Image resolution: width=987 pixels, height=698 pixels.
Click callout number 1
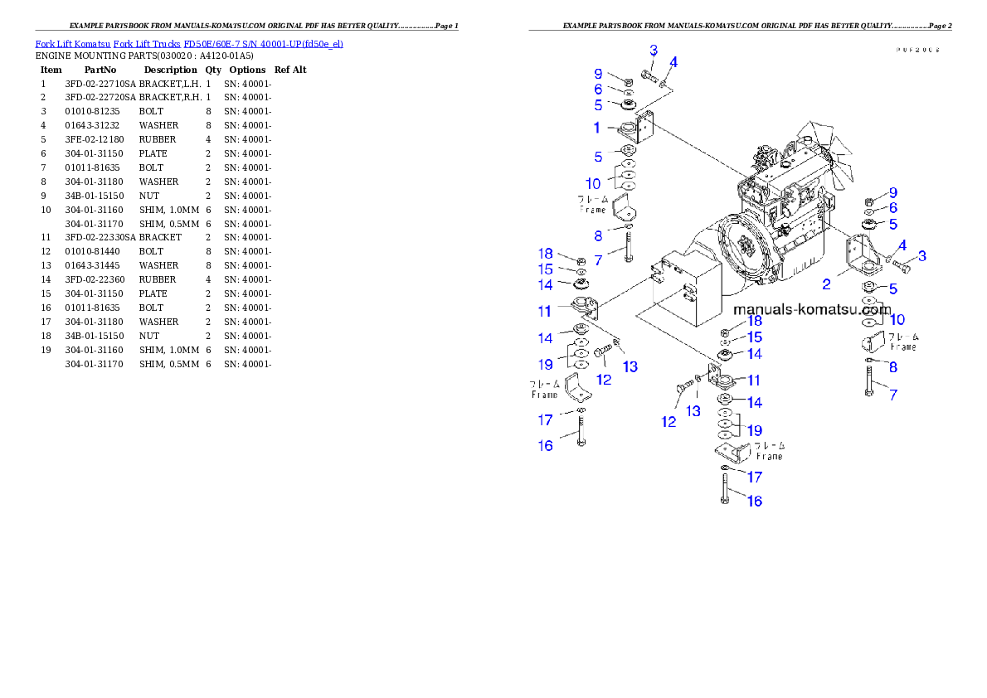tap(596, 128)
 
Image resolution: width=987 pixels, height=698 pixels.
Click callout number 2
tap(826, 284)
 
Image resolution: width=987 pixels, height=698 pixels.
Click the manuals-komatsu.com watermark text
tap(812, 310)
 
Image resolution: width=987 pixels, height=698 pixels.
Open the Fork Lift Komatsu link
tap(72, 44)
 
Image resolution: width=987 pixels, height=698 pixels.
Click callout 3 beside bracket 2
tap(921, 256)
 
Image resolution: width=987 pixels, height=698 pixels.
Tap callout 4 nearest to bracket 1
tap(673, 62)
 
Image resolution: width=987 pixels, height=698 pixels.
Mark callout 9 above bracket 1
tap(597, 75)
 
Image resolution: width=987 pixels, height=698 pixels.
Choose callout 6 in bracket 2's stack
tap(892, 208)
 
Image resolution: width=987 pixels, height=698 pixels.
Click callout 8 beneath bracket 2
tap(892, 367)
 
